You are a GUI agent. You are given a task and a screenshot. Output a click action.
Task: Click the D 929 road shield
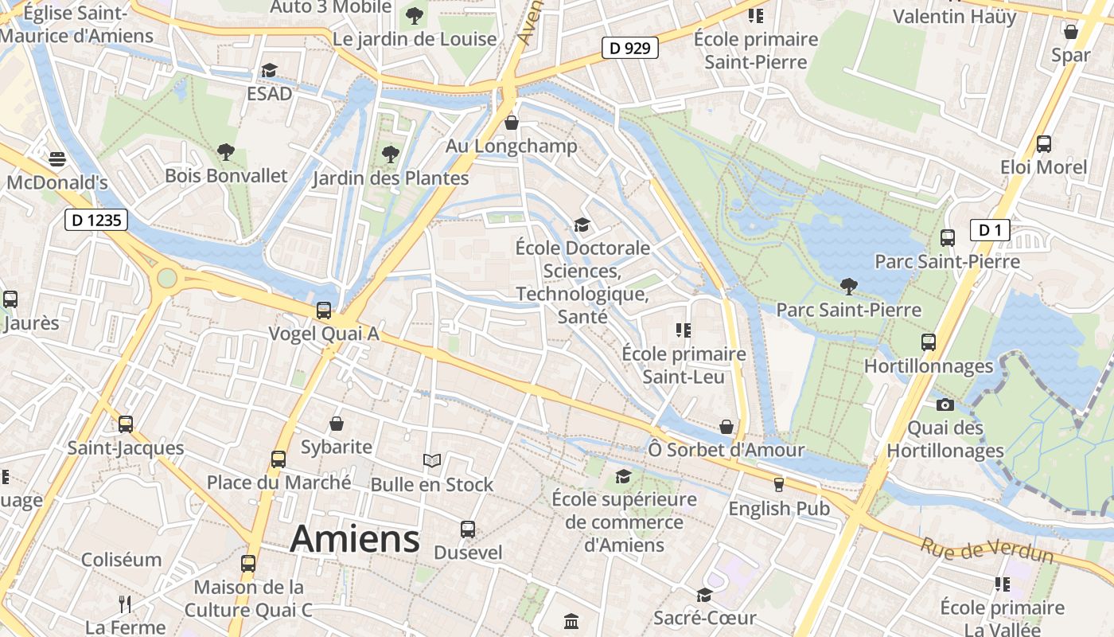[629, 48]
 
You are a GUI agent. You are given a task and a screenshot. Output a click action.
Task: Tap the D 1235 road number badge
[95, 220]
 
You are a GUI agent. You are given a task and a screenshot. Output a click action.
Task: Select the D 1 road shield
[990, 231]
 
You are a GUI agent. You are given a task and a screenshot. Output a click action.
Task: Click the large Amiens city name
[355, 539]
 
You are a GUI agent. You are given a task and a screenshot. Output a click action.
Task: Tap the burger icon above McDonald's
[57, 159]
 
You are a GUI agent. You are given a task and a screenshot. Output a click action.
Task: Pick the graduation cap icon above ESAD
[269, 71]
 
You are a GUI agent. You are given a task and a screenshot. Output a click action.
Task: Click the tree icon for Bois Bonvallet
[226, 151]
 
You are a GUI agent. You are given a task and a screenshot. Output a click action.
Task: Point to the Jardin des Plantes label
[390, 178]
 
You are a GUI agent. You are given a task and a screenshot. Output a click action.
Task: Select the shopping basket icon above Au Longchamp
[512, 123]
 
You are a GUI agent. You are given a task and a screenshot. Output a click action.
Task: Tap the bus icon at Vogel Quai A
[324, 311]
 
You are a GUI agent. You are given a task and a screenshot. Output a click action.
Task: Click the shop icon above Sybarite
[337, 423]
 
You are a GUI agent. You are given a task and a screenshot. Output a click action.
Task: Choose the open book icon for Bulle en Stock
[431, 460]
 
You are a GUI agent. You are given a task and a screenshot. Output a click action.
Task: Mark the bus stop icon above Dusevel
[468, 529]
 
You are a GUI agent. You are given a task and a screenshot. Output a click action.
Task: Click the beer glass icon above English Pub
[779, 484]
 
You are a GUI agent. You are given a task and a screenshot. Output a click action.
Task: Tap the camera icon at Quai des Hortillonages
[945, 404]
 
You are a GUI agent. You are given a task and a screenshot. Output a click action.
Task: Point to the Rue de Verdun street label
[987, 549]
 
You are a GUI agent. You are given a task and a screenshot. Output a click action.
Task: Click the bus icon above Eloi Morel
[1044, 144]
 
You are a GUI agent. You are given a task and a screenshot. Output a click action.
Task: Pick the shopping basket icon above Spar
[1071, 32]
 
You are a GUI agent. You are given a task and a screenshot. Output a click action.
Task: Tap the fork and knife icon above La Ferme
[125, 604]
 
